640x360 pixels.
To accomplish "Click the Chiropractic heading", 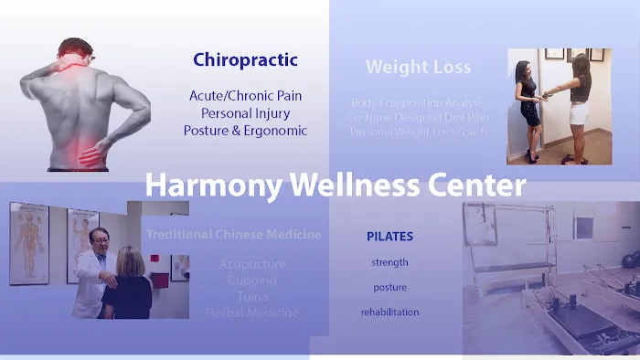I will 245,60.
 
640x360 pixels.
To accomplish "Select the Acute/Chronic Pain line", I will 245,95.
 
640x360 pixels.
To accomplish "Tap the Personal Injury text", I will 245,112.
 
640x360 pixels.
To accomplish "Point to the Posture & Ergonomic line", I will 245,131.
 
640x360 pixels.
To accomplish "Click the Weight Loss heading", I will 418,67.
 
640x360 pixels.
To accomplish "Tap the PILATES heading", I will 389,237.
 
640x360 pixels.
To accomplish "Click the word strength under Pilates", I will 389,262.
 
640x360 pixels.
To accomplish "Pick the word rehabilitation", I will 389,312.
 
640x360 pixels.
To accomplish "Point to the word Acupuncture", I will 252,264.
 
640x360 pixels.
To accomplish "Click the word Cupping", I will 252,281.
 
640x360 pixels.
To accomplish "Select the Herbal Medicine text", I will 252,312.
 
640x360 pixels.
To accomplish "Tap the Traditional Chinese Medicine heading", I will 234,235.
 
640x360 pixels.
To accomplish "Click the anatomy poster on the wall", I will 29,243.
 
